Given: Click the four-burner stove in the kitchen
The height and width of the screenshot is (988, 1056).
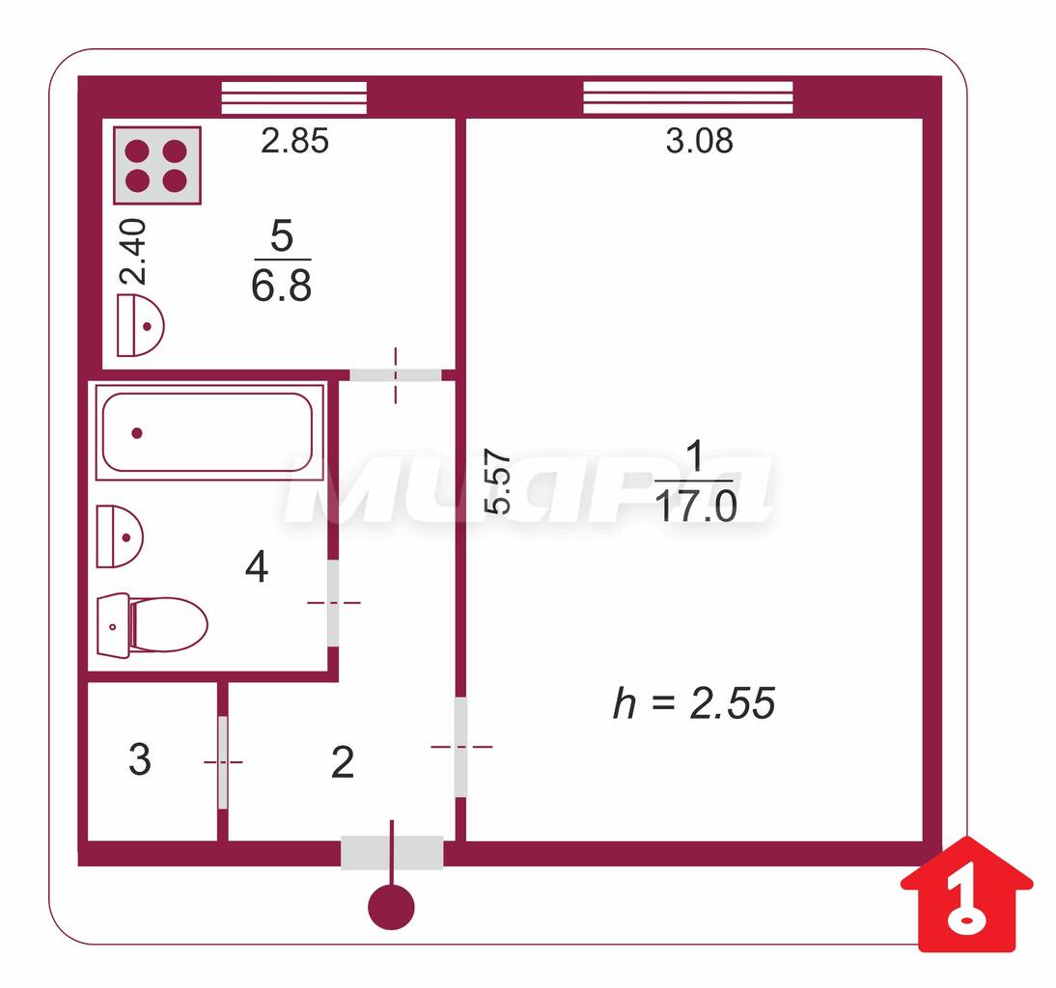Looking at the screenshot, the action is click(157, 166).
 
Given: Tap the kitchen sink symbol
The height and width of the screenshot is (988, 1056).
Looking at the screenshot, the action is click(140, 325).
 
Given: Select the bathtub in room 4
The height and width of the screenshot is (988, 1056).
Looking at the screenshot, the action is click(209, 431).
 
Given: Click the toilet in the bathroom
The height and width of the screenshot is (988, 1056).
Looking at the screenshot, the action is click(153, 625).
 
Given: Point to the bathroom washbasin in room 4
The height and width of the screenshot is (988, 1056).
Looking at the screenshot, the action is click(119, 536).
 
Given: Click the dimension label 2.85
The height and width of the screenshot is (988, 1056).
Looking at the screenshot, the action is click(295, 141).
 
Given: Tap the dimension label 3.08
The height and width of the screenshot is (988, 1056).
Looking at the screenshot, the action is click(699, 141).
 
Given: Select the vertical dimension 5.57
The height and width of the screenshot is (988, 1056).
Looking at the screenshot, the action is click(498, 481).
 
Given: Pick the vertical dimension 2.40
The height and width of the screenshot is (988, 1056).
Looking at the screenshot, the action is click(132, 251).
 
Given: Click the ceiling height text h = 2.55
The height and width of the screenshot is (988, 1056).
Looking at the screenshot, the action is click(694, 703).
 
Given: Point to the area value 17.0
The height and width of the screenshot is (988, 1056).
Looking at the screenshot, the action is click(696, 507).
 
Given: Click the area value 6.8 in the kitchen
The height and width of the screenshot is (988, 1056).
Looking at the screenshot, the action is click(282, 286).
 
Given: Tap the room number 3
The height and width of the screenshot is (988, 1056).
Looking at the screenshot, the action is click(139, 759).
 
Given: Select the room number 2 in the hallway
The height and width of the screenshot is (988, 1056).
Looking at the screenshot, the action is click(343, 762).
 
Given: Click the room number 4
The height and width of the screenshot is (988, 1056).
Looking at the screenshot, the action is click(257, 566).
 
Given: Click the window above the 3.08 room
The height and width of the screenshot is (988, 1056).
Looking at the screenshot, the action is click(687, 97).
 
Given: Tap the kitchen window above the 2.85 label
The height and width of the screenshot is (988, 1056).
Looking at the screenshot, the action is click(294, 97).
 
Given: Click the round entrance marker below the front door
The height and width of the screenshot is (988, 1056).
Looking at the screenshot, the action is click(391, 907).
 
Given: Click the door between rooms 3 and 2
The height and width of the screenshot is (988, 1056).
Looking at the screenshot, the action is click(223, 762).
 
